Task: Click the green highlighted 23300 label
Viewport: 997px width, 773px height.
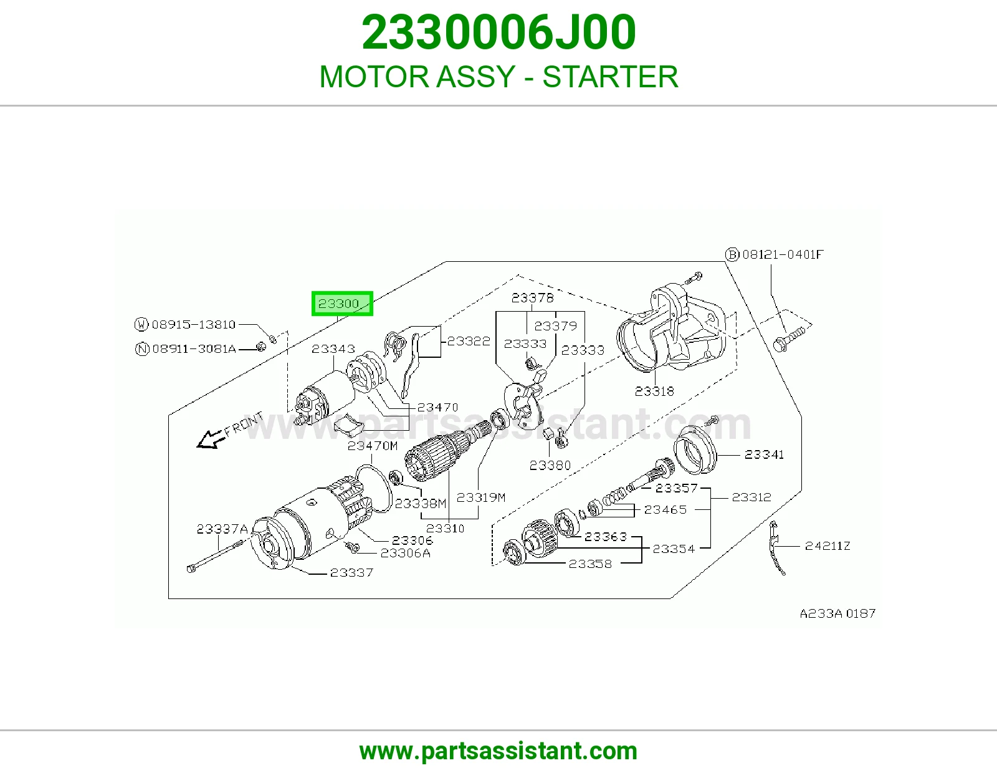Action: point(342,304)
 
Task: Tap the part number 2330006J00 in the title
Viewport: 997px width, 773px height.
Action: point(499,32)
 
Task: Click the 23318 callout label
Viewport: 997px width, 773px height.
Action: point(654,391)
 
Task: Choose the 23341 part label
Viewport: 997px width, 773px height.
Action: point(764,454)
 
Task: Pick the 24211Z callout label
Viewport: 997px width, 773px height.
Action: point(828,546)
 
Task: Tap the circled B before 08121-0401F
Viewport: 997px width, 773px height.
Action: point(732,254)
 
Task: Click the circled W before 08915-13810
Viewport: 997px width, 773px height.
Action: point(141,325)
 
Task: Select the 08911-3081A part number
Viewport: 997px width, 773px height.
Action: point(194,349)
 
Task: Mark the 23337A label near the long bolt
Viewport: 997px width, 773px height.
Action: point(222,529)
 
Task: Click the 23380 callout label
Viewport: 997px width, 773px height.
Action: point(550,466)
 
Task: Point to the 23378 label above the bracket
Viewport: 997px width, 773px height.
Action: point(532,298)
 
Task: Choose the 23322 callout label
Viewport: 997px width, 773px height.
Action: point(469,341)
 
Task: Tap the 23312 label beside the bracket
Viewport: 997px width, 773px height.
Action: point(751,497)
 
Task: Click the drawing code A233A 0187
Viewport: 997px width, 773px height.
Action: point(837,613)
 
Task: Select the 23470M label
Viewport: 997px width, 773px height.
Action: point(373,446)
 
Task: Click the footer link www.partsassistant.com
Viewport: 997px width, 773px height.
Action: point(499,751)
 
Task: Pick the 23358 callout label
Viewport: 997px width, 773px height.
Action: point(590,564)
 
